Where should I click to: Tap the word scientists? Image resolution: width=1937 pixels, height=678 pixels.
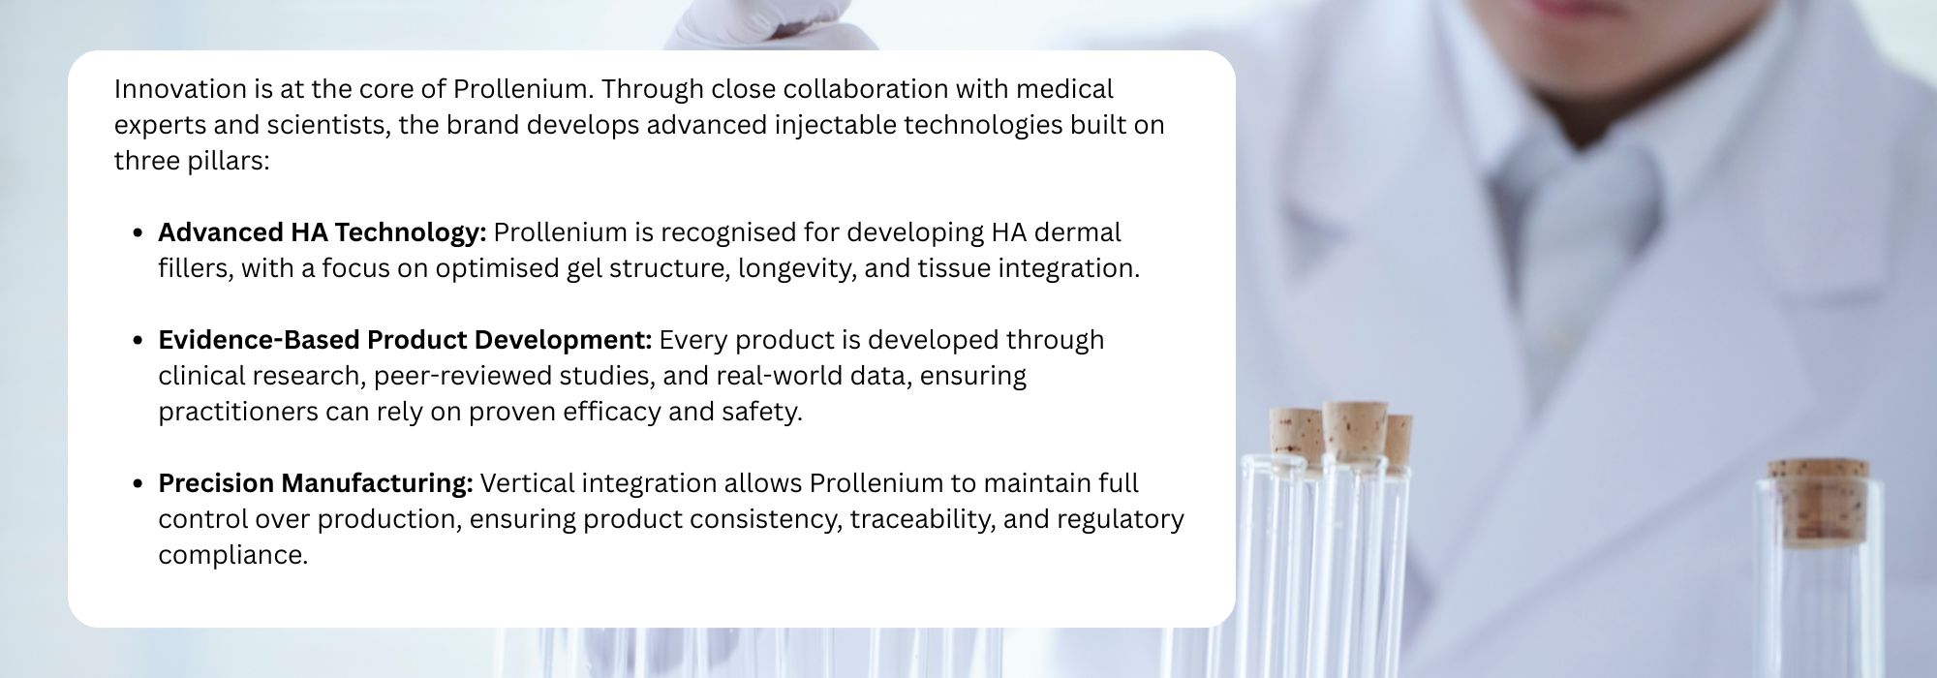[x=325, y=125]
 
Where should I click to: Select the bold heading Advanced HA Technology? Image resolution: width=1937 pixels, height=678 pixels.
[x=322, y=232]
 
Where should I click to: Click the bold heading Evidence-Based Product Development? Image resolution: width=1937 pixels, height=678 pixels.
[x=405, y=340]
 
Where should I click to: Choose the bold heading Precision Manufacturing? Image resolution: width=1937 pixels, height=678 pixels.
[x=316, y=483]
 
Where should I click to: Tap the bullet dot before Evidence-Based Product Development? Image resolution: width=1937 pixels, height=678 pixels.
[x=138, y=341]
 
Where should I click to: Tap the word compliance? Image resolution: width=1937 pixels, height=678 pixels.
[x=232, y=555]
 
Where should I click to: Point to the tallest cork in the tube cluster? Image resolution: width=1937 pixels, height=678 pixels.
[x=1355, y=431]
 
